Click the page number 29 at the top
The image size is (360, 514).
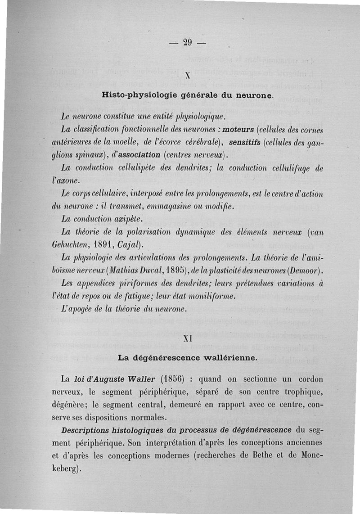coord(188,43)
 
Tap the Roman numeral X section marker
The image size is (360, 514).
coord(187,77)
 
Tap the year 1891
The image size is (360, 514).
coord(107,245)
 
